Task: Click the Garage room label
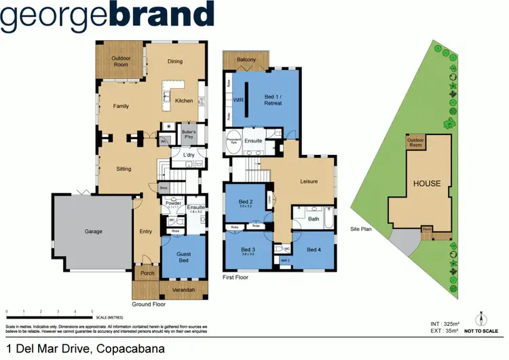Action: pyautogui.click(x=94, y=232)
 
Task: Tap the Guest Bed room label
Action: pyautogui.click(x=184, y=257)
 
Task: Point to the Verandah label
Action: pyautogui.click(x=185, y=291)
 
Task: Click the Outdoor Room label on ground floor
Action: pyautogui.click(x=121, y=62)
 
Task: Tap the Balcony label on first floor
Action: pyautogui.click(x=246, y=60)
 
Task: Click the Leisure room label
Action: pyautogui.click(x=309, y=181)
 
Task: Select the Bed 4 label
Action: pyautogui.click(x=315, y=250)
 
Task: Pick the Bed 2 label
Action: pyautogui.click(x=246, y=202)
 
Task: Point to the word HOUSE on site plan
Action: pyautogui.click(x=427, y=183)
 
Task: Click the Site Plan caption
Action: pyautogui.click(x=361, y=230)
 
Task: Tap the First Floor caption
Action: pyautogui.click(x=235, y=277)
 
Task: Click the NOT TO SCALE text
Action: pyautogui.click(x=480, y=331)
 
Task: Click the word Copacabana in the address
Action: pyautogui.click(x=132, y=349)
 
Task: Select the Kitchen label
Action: pyautogui.click(x=184, y=101)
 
